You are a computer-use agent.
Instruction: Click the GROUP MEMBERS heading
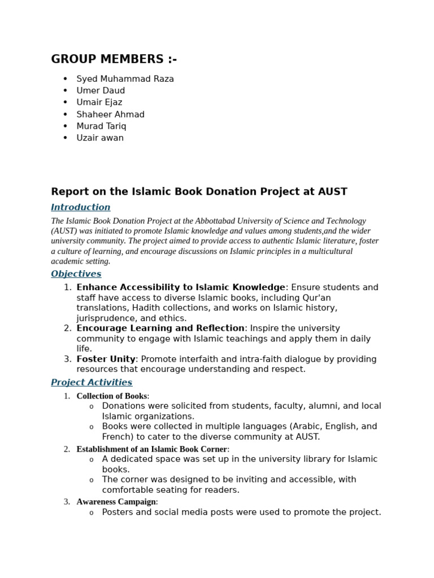114,59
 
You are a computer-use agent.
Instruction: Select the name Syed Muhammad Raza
125,79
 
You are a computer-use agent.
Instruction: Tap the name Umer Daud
101,91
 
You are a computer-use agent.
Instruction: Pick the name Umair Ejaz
99,103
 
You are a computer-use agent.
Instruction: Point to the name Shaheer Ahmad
110,115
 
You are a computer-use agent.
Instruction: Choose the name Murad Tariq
101,126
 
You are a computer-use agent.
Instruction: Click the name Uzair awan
100,138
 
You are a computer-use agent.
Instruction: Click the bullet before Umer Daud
66,91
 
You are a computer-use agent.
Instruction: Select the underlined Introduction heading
81,207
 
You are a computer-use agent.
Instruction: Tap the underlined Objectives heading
76,274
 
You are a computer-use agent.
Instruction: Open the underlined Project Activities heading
92,383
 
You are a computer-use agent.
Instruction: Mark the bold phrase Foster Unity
106,360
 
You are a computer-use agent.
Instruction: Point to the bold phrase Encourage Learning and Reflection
160,329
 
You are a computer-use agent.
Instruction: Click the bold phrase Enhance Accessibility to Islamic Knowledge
181,288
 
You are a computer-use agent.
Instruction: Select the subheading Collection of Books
112,396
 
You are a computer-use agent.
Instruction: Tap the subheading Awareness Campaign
116,502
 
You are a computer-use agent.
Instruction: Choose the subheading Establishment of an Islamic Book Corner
151,449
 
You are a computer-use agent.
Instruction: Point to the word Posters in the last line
119,513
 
